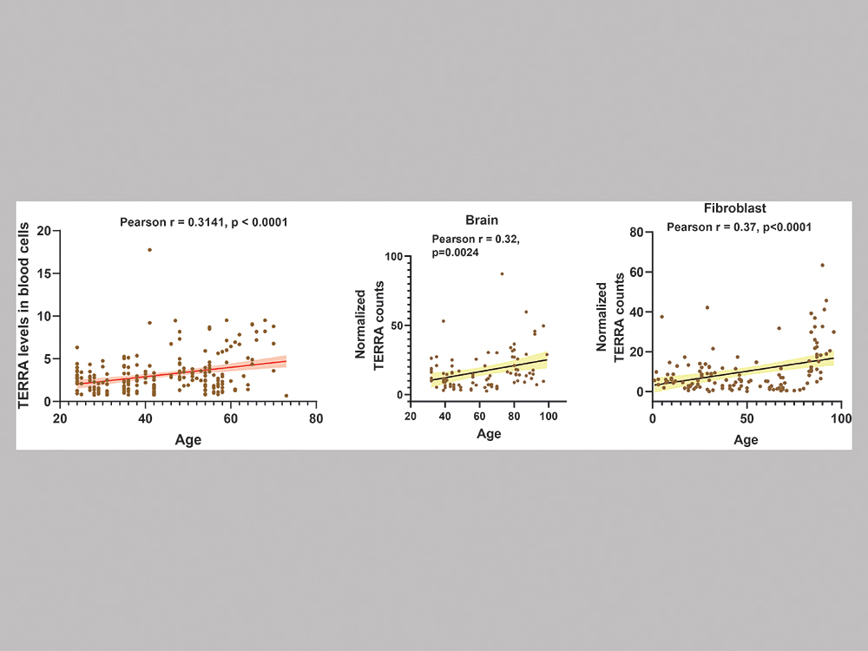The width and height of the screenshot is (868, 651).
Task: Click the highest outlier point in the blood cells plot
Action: [149, 250]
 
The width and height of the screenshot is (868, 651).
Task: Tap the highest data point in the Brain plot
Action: [502, 273]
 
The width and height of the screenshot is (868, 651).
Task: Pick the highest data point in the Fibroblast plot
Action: [822, 265]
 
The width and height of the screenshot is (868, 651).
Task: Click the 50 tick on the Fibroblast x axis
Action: [746, 419]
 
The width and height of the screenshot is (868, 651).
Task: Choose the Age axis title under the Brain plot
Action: [489, 434]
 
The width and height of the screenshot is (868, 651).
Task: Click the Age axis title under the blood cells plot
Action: [187, 439]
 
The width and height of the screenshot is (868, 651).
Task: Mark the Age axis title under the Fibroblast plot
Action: [746, 439]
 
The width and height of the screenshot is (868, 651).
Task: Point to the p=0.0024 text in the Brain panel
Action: [455, 252]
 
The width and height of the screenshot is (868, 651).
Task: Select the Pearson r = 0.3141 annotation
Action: [204, 222]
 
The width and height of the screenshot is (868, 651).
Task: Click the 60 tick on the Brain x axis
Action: [479, 417]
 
